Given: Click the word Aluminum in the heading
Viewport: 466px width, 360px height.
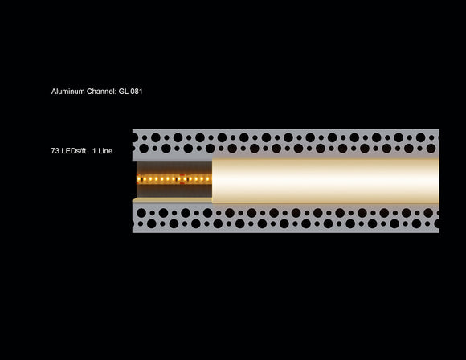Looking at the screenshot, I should tap(67, 92).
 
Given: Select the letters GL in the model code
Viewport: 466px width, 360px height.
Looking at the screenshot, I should tap(123, 92).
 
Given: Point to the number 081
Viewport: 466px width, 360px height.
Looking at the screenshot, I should tap(137, 92).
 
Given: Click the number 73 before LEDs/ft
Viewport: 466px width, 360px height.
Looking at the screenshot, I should tap(54, 150).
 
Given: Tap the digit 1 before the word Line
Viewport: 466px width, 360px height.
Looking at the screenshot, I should tap(94, 150).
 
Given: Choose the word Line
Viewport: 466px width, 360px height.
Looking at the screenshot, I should tap(105, 150).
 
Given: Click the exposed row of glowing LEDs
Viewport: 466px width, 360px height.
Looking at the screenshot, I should tap(174, 178).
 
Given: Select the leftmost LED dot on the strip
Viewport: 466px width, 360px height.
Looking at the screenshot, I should tap(140, 178).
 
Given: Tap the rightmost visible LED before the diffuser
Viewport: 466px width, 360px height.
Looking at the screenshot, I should tap(209, 178).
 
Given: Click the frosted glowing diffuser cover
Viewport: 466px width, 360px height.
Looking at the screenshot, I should tap(325, 179).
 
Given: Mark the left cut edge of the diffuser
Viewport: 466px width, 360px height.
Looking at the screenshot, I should tap(213, 179).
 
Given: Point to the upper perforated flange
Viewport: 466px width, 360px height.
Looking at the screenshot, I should tap(285, 142).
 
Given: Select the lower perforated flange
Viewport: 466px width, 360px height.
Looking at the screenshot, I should tap(285, 218).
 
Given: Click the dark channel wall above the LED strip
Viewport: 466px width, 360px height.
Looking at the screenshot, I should tap(174, 166).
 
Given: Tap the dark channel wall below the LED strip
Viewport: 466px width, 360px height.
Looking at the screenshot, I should tap(174, 190).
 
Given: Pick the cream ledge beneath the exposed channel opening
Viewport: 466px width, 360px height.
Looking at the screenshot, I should tap(174, 199).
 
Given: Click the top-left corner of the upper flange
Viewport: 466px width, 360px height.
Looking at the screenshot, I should tap(133, 130).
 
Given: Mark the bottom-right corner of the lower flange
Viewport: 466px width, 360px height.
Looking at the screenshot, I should tap(438, 231).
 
